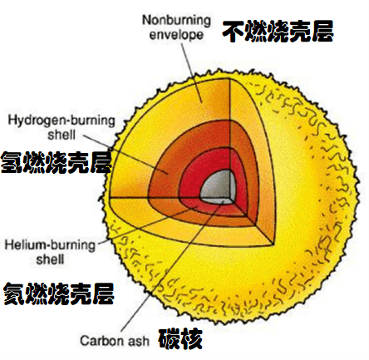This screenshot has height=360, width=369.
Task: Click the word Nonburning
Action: click(176, 21)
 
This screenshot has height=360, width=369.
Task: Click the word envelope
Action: click(176, 35)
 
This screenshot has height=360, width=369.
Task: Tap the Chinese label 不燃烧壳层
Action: click(278, 32)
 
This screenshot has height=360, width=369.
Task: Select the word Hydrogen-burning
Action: click(61, 121)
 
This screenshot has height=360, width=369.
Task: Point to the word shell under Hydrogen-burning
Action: click(61, 135)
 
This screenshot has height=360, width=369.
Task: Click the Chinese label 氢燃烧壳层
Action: click(56, 162)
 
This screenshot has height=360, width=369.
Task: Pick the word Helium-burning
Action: click(50, 245)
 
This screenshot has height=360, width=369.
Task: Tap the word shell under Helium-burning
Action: click(50, 259)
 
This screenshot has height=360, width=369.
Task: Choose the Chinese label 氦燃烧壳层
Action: click(59, 293)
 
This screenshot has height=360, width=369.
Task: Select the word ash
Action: click(139, 341)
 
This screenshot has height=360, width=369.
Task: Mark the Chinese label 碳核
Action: click(180, 338)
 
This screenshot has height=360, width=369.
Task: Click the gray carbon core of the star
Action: click(218, 185)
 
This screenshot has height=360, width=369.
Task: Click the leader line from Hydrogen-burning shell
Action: click(125, 155)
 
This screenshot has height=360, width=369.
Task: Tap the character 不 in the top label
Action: click(234, 32)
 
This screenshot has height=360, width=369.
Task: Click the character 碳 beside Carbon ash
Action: click(170, 338)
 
